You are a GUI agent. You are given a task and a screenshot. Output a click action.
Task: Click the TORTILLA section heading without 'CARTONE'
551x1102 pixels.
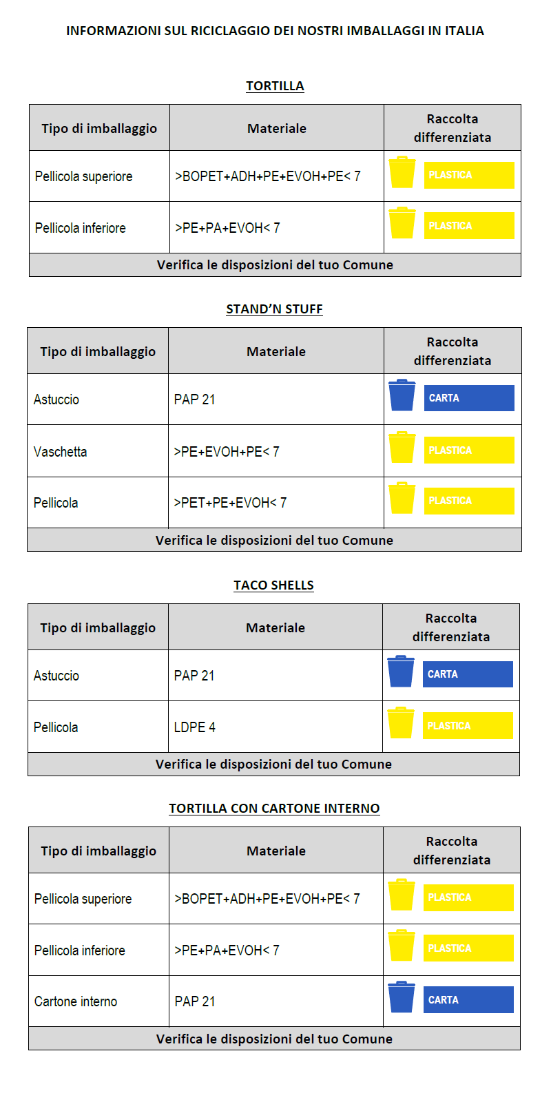[275, 86]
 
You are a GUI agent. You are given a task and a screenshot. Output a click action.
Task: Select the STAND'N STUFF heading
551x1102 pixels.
[274, 309]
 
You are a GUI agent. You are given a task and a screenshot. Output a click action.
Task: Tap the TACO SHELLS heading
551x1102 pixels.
[273, 585]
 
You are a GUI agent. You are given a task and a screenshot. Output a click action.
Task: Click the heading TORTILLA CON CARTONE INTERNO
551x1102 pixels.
[274, 809]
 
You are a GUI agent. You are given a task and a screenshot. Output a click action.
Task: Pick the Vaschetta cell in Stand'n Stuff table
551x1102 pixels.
[61, 452]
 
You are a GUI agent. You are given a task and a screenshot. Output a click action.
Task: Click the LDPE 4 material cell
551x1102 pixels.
[195, 727]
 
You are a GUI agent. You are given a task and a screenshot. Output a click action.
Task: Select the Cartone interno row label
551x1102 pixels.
[76, 1001]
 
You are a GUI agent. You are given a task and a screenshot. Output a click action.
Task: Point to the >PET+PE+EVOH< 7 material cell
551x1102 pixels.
[230, 503]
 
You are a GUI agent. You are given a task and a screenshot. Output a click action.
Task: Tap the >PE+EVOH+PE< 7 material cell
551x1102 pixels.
[227, 452]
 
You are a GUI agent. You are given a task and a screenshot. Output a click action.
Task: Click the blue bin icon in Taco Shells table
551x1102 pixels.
[400, 672]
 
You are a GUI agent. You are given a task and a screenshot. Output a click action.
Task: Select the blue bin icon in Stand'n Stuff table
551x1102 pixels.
[402, 395]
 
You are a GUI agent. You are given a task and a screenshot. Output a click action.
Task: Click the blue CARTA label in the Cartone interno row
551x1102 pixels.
[468, 999]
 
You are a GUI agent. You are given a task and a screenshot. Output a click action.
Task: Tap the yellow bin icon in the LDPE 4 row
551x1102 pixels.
[400, 722]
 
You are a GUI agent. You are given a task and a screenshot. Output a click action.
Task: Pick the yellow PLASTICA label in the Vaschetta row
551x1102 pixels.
[469, 450]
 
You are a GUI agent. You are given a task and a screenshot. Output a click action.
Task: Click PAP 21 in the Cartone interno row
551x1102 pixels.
[195, 1001]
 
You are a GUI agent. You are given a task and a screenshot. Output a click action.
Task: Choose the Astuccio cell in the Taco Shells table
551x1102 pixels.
[56, 676]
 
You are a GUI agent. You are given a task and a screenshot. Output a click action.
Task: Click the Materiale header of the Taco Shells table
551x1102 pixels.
[275, 627]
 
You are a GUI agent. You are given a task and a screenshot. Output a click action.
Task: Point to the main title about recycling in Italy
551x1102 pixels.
[275, 31]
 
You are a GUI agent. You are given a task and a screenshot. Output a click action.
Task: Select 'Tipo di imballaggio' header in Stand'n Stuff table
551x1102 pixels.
[98, 351]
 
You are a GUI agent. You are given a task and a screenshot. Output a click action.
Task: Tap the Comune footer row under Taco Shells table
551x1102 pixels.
[273, 764]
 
